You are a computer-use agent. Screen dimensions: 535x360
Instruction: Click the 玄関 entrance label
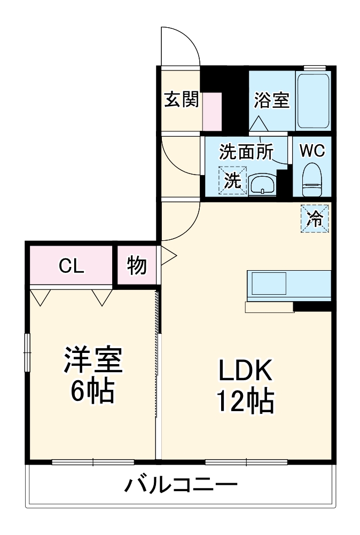(181, 99)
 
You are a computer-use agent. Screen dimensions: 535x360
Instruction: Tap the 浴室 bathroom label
(271, 100)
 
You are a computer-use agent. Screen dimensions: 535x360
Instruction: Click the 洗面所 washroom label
(246, 152)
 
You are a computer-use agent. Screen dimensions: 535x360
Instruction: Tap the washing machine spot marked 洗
(232, 180)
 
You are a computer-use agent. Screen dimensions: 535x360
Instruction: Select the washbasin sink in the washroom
(262, 185)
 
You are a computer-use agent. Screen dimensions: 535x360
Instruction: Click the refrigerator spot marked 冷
(315, 218)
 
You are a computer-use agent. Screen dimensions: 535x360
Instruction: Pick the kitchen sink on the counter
(269, 283)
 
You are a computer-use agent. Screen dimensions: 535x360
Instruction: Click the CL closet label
(71, 265)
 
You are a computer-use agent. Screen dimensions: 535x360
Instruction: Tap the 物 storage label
(137, 265)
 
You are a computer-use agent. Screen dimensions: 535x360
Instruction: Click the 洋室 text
(93, 360)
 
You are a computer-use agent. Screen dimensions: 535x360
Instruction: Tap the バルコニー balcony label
(181, 485)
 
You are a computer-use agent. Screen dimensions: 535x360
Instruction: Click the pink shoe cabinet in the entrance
(212, 111)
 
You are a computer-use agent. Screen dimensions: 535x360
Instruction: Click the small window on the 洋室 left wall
(27, 350)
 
